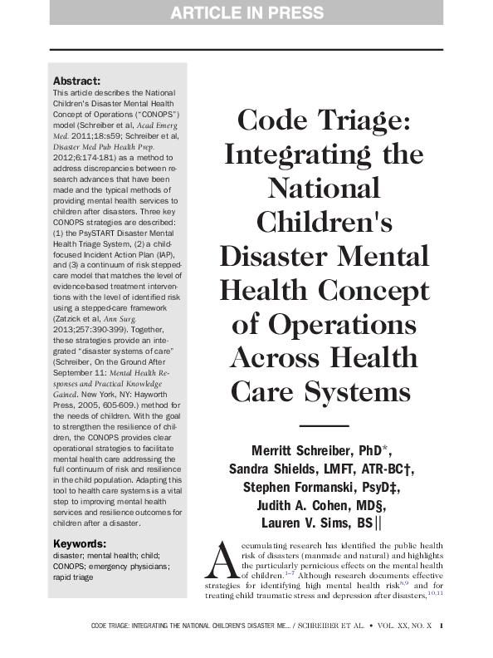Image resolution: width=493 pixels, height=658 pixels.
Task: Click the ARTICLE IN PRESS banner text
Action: pyautogui.click(x=247, y=12)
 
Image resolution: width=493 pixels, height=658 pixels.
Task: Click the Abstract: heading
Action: pyautogui.click(x=76, y=81)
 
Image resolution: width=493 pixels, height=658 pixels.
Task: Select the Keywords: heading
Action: pyautogui.click(x=80, y=543)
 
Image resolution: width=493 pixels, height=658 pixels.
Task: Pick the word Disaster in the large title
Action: pyautogui.click(x=275, y=255)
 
